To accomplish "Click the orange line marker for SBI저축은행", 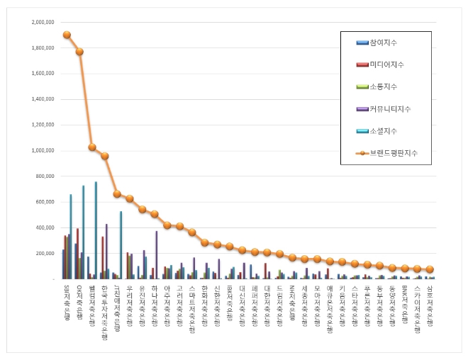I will (67, 35).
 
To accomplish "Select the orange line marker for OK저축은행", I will (79, 52).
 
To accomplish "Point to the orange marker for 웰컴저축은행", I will (92, 147).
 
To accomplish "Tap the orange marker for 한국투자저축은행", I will (104, 156).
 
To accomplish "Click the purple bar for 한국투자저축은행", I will (106, 251).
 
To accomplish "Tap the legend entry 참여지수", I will (382, 43).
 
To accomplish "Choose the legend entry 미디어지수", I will (384, 65).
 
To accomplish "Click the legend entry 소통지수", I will (382, 86).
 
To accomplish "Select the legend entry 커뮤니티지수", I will (389, 108).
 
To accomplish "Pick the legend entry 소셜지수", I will (382, 130).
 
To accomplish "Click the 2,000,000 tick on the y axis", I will (43, 22).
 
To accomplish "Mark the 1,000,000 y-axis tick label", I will (43, 150).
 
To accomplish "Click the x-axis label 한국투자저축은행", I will (104, 305).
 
